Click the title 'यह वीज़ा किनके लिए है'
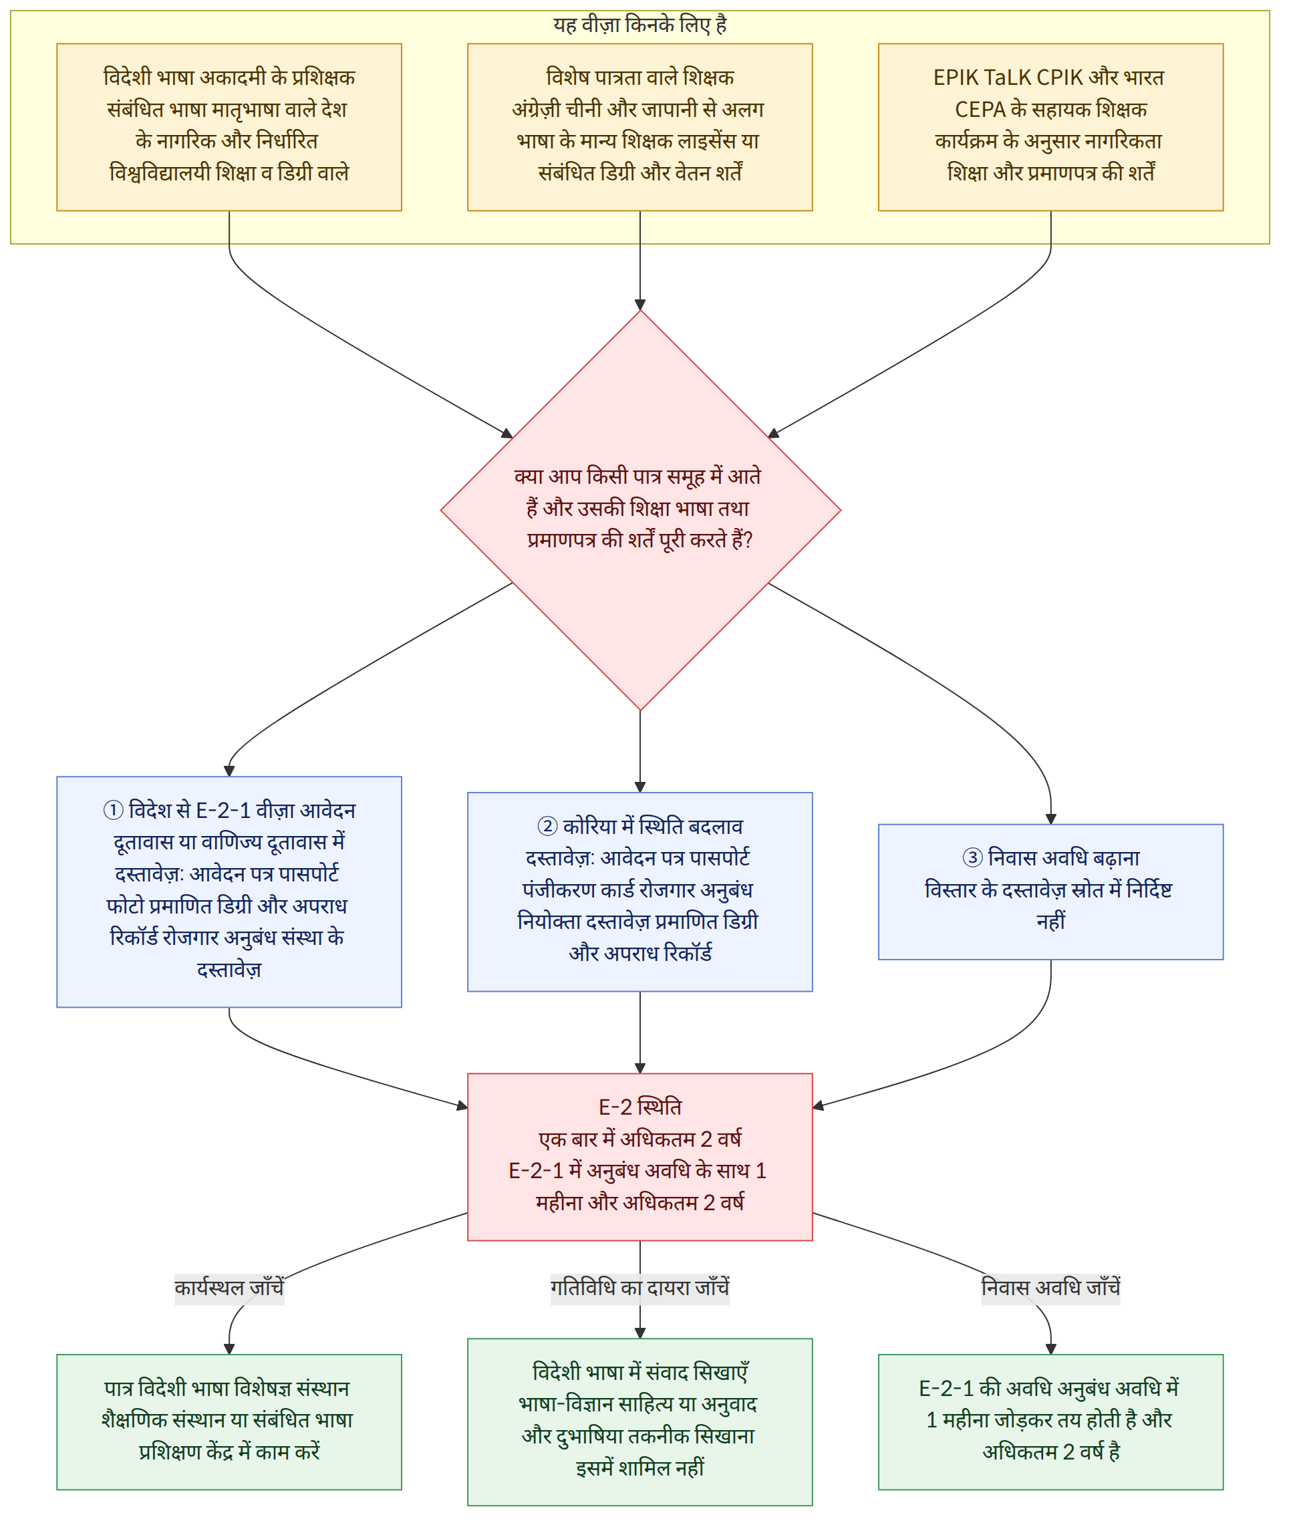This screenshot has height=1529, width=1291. tap(639, 25)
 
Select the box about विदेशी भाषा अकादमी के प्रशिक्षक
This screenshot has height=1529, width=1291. tap(229, 128)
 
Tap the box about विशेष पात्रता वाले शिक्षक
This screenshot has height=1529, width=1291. tap(639, 128)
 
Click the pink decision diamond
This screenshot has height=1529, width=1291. tap(640, 510)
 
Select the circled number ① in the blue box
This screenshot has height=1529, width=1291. tap(113, 810)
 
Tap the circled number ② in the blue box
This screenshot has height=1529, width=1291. tap(547, 827)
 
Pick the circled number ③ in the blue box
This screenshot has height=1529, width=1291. tap(972, 858)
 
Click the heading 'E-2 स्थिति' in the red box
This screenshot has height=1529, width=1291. tap(639, 1107)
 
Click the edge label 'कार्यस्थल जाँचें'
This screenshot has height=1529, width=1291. tap(229, 1288)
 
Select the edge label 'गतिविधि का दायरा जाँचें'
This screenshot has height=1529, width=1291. tap(639, 1288)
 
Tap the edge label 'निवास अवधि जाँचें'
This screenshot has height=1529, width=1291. tap(1050, 1288)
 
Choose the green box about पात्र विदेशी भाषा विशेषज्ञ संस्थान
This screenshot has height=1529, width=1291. tap(229, 1422)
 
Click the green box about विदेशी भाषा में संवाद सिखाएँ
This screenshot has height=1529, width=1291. tap(639, 1422)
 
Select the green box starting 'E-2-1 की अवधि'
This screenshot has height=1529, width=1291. tap(1050, 1422)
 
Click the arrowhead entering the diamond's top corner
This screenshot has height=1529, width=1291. tap(640, 305)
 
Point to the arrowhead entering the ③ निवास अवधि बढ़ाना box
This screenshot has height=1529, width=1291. tap(1051, 819)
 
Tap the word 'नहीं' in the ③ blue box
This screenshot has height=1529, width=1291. tap(1050, 922)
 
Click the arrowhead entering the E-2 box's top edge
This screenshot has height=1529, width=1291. tap(640, 1068)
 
